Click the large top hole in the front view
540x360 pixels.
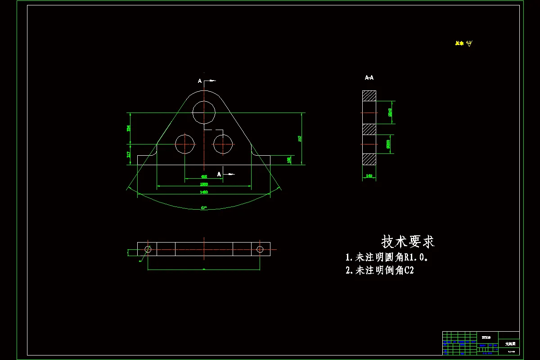[204, 112]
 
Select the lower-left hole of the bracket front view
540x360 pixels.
[185, 144]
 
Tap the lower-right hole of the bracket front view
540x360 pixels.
[223, 144]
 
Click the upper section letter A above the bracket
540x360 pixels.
[200, 81]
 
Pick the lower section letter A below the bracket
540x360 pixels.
[219, 174]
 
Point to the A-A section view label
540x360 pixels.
[369, 78]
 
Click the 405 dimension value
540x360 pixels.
[204, 177]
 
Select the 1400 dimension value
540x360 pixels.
[204, 192]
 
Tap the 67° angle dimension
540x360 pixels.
[204, 208]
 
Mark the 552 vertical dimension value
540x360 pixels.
[300, 139]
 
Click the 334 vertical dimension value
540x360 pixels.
[129, 128]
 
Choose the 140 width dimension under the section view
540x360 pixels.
[369, 176]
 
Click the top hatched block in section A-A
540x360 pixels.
[369, 96]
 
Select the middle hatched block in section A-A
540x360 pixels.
[369, 129]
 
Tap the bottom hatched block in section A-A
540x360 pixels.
[369, 159]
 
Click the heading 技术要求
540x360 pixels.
[408, 242]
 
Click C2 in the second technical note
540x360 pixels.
[409, 270]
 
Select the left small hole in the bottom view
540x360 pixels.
[148, 249]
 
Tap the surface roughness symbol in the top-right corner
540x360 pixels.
[469, 44]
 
